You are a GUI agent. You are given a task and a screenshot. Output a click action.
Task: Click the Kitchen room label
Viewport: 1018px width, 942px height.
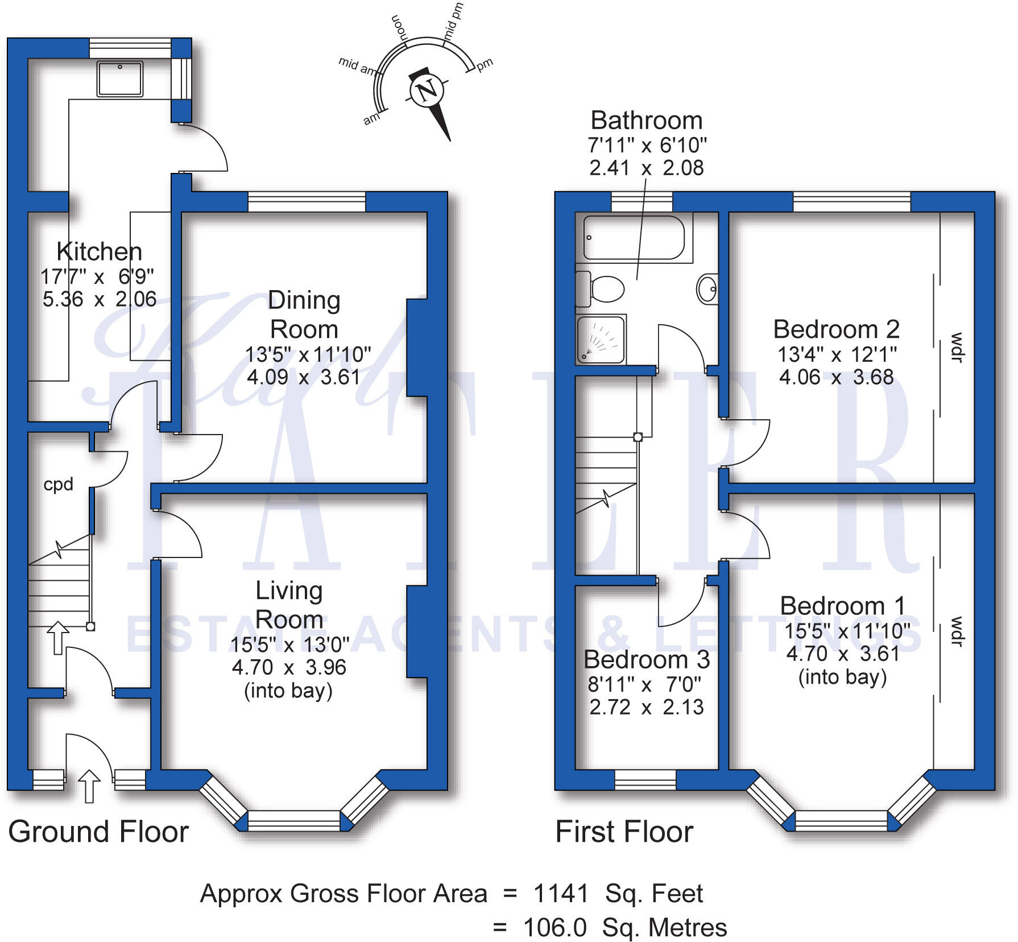[99, 251]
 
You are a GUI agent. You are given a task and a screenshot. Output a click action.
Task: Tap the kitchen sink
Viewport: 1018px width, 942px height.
[120, 78]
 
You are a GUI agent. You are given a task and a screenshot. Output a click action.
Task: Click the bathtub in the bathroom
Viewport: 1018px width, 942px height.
[634, 238]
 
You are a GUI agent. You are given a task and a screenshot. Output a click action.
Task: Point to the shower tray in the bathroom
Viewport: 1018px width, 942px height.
[601, 340]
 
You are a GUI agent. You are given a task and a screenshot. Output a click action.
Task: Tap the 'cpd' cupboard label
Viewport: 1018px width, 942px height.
[59, 484]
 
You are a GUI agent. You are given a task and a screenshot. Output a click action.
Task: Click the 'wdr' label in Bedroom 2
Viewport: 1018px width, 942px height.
[957, 347]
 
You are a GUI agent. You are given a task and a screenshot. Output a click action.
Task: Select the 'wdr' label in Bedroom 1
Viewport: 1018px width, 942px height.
[957, 631]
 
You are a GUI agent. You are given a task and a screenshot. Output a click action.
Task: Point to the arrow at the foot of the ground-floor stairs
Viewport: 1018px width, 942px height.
[57, 638]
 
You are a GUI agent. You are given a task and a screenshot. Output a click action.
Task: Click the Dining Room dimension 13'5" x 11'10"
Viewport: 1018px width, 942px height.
[308, 354]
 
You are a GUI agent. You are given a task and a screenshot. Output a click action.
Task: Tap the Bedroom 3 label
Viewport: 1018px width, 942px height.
[647, 660]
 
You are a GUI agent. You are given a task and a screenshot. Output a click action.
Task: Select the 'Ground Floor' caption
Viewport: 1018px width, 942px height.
[98, 832]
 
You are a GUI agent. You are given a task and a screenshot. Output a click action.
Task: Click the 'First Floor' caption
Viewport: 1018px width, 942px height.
[624, 832]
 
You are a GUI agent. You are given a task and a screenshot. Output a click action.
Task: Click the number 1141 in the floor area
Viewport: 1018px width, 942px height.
[561, 894]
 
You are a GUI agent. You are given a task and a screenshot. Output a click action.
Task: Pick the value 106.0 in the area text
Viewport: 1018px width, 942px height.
[554, 928]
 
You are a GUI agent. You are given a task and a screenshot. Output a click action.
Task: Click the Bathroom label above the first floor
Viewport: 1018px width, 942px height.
[647, 121]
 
